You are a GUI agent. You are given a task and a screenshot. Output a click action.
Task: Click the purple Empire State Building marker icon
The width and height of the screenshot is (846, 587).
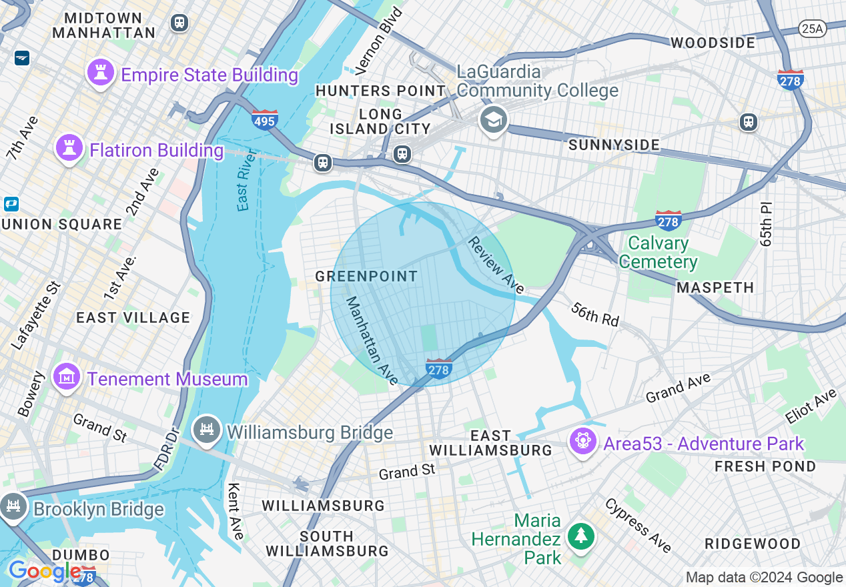pos(101,73)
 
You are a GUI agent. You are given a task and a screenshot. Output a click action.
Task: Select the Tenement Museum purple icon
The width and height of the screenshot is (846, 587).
pos(67,378)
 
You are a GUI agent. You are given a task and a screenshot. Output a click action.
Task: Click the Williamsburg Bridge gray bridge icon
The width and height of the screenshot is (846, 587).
pos(206,430)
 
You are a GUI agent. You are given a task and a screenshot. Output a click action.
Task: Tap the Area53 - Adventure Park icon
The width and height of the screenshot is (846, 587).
pos(583,442)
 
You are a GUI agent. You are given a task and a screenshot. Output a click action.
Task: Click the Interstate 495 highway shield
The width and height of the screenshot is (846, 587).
pos(265,119)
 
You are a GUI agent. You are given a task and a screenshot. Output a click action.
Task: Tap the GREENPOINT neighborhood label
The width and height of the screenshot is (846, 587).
pos(366,276)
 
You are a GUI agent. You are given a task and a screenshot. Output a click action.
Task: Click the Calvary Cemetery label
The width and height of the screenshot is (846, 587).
pos(658,252)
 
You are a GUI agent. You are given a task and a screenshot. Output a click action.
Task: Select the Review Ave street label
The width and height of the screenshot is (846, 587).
pos(496,265)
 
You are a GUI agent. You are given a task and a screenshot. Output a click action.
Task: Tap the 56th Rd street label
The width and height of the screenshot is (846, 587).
pos(594,314)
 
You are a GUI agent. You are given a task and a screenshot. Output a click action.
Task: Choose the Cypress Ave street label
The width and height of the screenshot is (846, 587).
pos(639,525)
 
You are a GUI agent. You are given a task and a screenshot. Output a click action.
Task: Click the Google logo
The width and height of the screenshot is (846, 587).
pos(44,572)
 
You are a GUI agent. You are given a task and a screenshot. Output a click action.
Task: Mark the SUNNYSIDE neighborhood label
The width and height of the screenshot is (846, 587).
pos(614,145)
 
